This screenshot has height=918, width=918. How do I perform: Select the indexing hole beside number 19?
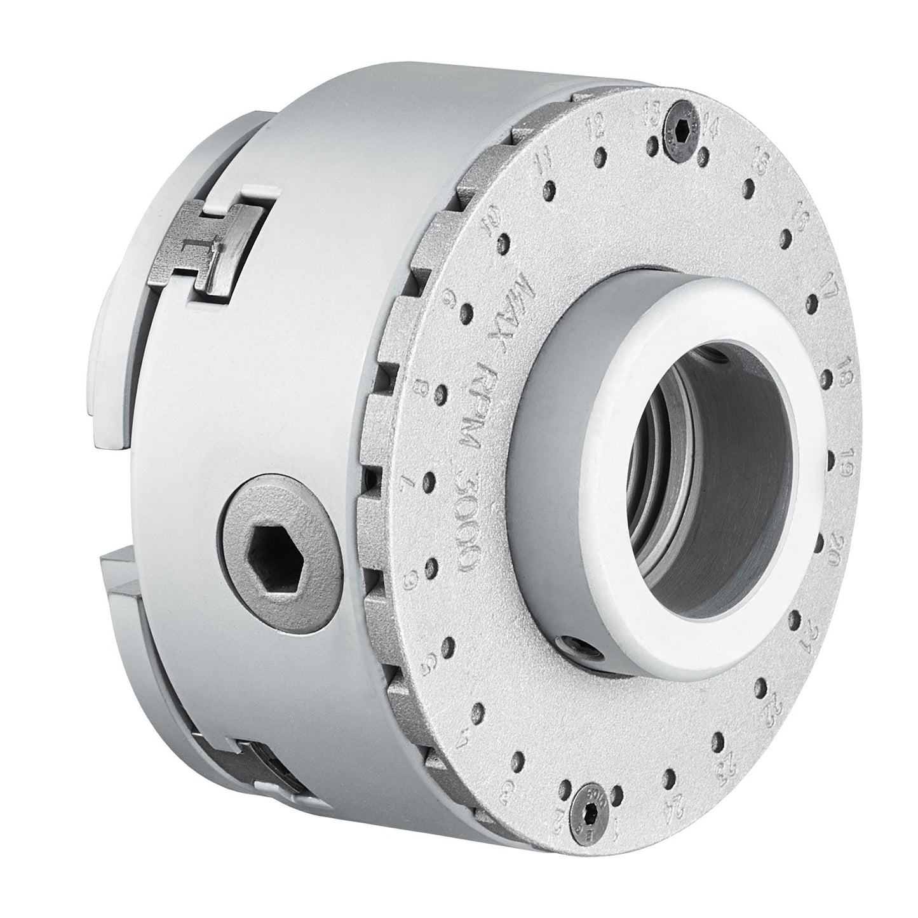(833, 457)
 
